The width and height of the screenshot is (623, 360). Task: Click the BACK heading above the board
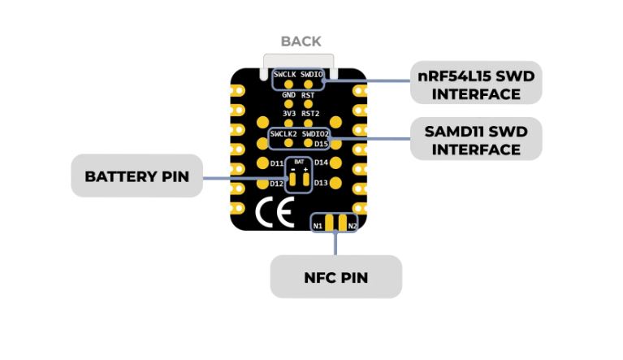301,41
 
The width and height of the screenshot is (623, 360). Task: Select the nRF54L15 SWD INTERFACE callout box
476,84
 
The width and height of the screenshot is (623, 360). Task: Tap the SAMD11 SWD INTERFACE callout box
476,140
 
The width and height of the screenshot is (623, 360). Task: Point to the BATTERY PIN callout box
136,176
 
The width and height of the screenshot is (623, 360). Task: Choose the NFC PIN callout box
335,277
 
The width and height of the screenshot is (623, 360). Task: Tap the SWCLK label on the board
284,75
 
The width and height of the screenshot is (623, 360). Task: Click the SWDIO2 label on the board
315,132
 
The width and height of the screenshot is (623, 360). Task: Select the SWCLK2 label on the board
284,132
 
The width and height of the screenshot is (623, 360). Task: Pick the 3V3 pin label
288,113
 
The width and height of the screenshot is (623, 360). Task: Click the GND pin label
288,95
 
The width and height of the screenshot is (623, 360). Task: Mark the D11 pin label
276,163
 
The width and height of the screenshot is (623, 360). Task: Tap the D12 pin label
276,184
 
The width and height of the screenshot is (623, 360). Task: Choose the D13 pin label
321,183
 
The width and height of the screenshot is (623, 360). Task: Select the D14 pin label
321,163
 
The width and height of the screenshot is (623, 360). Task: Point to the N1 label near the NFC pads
318,225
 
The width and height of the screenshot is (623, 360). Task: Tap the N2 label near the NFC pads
352,225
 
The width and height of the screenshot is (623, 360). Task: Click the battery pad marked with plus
305,180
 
